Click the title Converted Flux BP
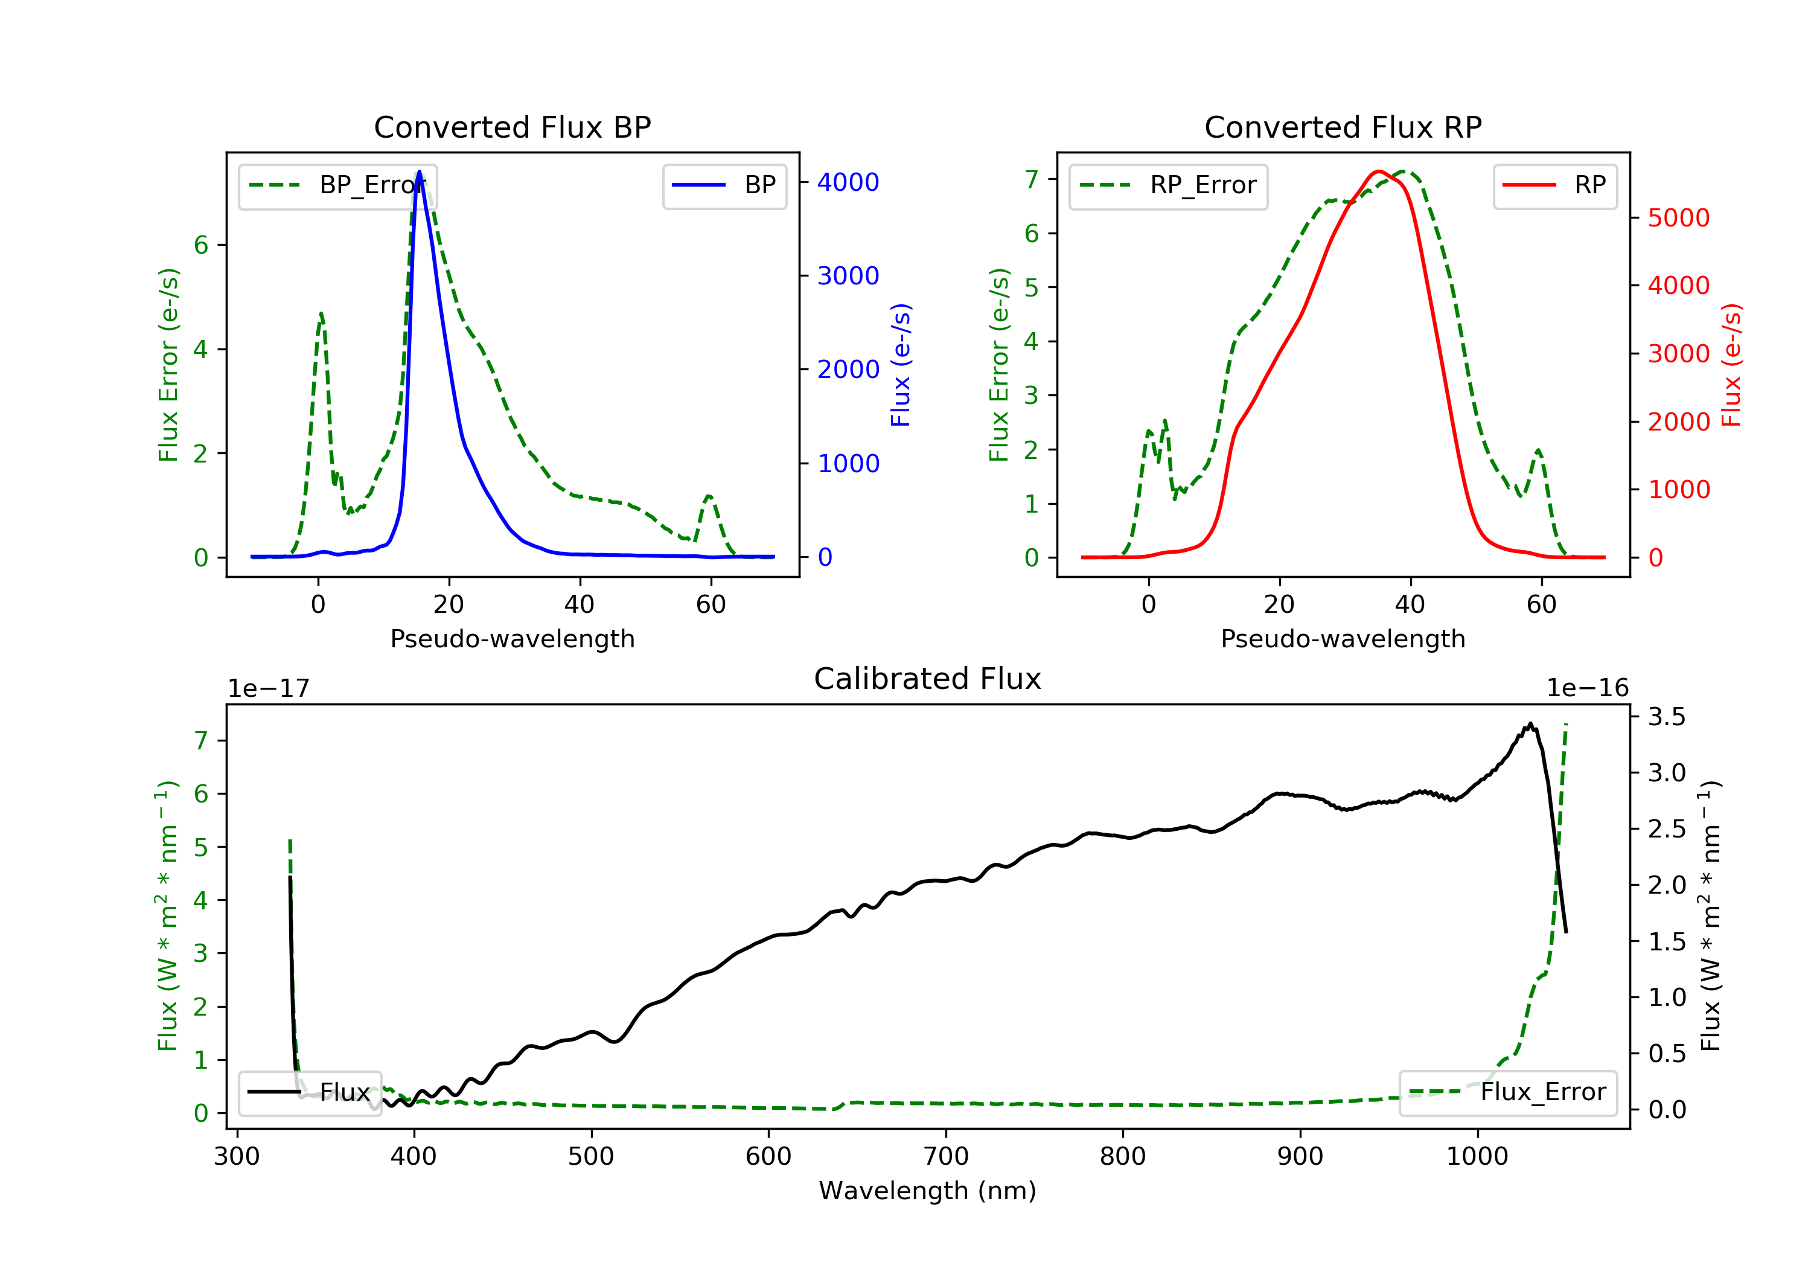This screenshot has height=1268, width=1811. (512, 127)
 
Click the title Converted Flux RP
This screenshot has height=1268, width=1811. (1343, 127)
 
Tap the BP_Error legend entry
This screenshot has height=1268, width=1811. (337, 185)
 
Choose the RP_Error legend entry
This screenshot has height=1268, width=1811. (1168, 185)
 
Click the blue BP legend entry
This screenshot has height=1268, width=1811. (724, 185)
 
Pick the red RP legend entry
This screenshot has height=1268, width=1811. (1554, 185)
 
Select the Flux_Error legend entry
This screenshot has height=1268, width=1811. (1507, 1092)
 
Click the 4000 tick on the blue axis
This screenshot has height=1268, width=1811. (848, 182)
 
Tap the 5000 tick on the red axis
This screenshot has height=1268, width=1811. (1678, 218)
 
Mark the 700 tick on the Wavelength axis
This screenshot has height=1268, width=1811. (946, 1157)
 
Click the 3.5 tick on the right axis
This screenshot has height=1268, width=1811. (1667, 717)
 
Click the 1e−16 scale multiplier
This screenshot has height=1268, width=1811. (1587, 688)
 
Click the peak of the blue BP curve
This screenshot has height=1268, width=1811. (419, 171)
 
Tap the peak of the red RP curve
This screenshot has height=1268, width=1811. (1378, 171)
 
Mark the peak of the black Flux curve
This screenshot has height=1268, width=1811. (1530, 723)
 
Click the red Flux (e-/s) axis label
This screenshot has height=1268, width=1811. (1731, 365)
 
